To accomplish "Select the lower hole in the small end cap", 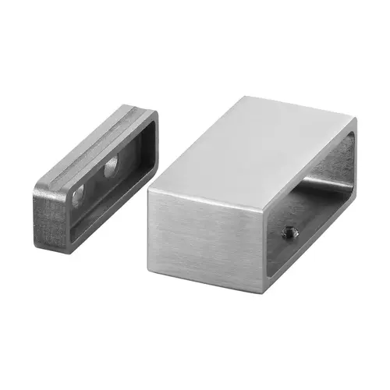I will tap(79, 197).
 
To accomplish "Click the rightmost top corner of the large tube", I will tap(356, 120).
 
